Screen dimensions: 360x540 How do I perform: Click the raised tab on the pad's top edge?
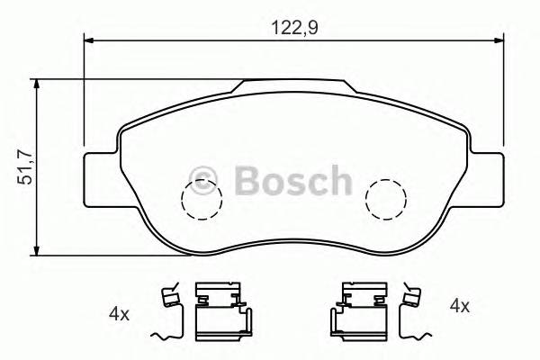(x=292, y=85)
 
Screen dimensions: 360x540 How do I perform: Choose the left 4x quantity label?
(x=119, y=314)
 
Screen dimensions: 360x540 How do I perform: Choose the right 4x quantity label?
(x=459, y=306)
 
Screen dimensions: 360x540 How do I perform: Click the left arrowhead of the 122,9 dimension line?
(x=89, y=40)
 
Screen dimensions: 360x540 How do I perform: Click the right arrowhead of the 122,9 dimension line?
(x=498, y=40)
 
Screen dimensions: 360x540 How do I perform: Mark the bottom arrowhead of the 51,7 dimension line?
(x=36, y=247)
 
